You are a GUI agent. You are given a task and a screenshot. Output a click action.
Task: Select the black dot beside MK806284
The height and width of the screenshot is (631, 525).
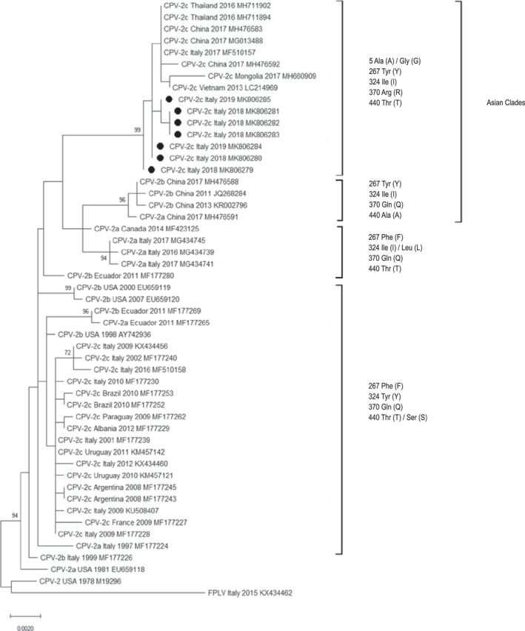[160, 146]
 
